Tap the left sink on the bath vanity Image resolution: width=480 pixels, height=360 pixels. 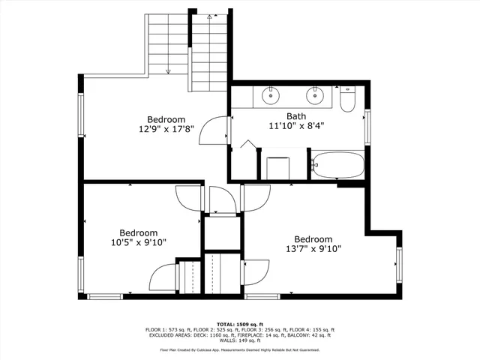(271, 95)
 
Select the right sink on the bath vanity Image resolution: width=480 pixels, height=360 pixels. (316, 95)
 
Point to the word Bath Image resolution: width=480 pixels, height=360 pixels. (296, 116)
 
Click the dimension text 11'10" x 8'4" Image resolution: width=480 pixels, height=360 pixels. (296, 126)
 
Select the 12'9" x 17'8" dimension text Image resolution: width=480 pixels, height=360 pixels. (166, 129)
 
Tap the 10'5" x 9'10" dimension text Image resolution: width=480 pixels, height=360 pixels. (138, 242)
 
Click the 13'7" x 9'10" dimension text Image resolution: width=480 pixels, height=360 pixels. (313, 249)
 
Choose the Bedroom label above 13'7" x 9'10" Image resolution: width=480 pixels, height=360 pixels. (313, 239)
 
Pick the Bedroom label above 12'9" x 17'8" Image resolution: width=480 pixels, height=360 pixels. (166, 119)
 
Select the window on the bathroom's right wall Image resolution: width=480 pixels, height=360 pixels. (367, 125)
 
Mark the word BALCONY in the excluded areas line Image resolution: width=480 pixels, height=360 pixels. (299, 335)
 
